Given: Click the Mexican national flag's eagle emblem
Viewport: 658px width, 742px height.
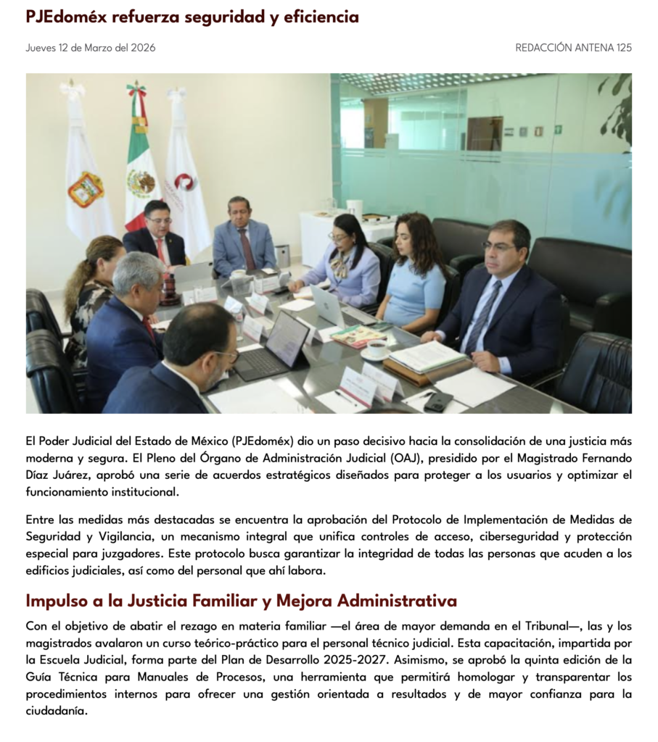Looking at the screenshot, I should pyautogui.click(x=141, y=183).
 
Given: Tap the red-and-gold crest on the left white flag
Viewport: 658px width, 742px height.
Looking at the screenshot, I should pyautogui.click(x=86, y=189).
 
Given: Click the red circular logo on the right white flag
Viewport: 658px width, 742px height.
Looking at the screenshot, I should pyautogui.click(x=186, y=182).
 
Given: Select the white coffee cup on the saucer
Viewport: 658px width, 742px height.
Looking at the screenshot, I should pyautogui.click(x=377, y=348).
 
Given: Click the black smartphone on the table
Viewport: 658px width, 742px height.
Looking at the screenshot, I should pyautogui.click(x=438, y=401).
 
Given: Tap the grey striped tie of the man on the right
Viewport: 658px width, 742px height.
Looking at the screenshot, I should pyautogui.click(x=483, y=314).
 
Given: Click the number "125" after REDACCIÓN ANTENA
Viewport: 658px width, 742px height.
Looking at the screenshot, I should pyautogui.click(x=624, y=48).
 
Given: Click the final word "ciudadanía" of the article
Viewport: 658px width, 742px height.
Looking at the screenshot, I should pyautogui.click(x=57, y=710).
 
